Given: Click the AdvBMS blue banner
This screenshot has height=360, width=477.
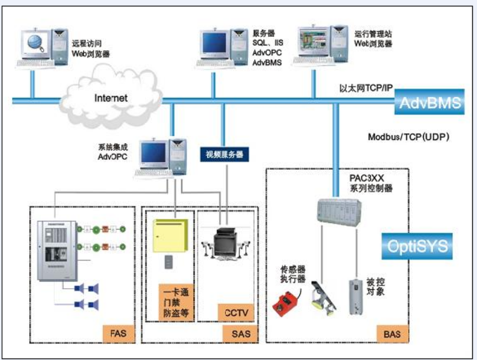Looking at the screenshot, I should tap(430, 104).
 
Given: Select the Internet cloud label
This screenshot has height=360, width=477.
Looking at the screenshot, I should tap(111, 97).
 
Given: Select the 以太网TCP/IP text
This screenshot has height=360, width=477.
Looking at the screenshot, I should tap(365, 88).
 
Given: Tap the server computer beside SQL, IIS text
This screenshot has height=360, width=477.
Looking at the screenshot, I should tap(222, 48).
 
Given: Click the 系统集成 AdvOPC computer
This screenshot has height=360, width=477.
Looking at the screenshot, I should tap(161, 159).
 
